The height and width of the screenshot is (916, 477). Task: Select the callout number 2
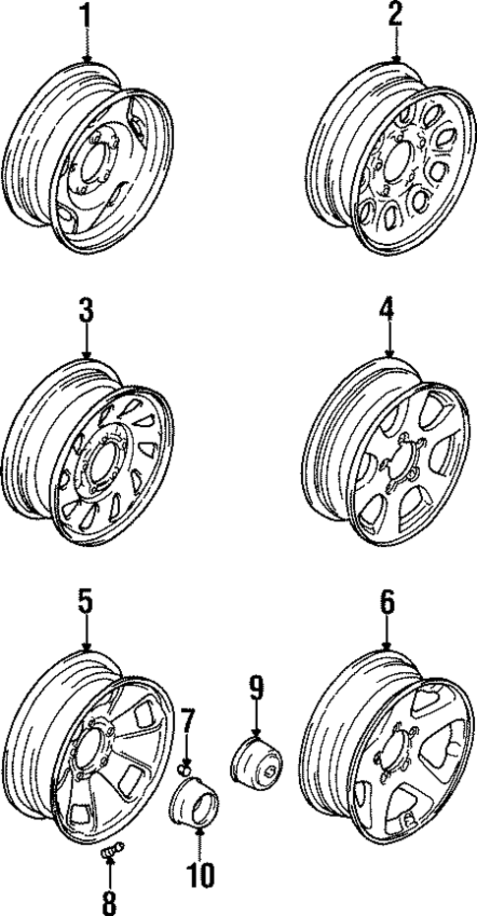click(x=395, y=15)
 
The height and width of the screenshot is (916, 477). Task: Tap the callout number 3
click(x=87, y=313)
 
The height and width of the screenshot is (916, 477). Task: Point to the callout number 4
click(x=388, y=313)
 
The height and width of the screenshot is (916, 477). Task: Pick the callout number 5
click(x=86, y=601)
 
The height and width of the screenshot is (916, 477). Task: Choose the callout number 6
click(x=387, y=602)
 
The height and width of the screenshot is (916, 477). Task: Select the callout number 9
click(x=257, y=687)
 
